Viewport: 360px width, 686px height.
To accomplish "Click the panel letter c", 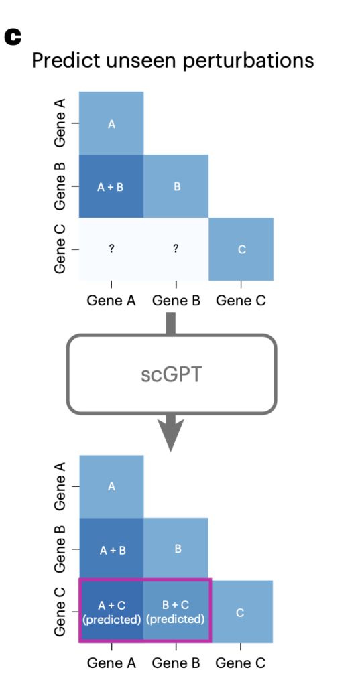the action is [13, 38].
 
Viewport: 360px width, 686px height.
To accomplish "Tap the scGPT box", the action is [171, 374].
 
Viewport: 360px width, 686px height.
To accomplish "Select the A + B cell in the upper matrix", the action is [111, 186].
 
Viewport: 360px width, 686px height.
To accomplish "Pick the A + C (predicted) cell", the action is [112, 611].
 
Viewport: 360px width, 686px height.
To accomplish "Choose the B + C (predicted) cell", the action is [176, 611].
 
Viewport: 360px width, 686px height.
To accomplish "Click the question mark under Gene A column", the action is [112, 249].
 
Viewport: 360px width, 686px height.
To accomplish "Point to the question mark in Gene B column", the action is [176, 249].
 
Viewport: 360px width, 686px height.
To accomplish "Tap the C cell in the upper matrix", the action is [241, 249].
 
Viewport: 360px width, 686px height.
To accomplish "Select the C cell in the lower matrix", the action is [241, 612].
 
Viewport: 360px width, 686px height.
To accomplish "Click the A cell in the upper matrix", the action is [111, 123].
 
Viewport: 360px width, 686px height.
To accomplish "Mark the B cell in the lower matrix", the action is [176, 549].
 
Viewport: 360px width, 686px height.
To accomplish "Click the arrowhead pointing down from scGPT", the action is [171, 434].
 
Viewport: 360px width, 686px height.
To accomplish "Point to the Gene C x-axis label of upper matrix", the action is [241, 301].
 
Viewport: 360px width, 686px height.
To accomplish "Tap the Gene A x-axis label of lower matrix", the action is [112, 663].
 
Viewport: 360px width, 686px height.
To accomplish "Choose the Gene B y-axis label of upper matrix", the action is [60, 186].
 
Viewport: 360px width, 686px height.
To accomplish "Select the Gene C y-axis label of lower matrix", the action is [60, 612].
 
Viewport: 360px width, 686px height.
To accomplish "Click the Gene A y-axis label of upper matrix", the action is [60, 123].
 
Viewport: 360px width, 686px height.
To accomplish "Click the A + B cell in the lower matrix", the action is [112, 549].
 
